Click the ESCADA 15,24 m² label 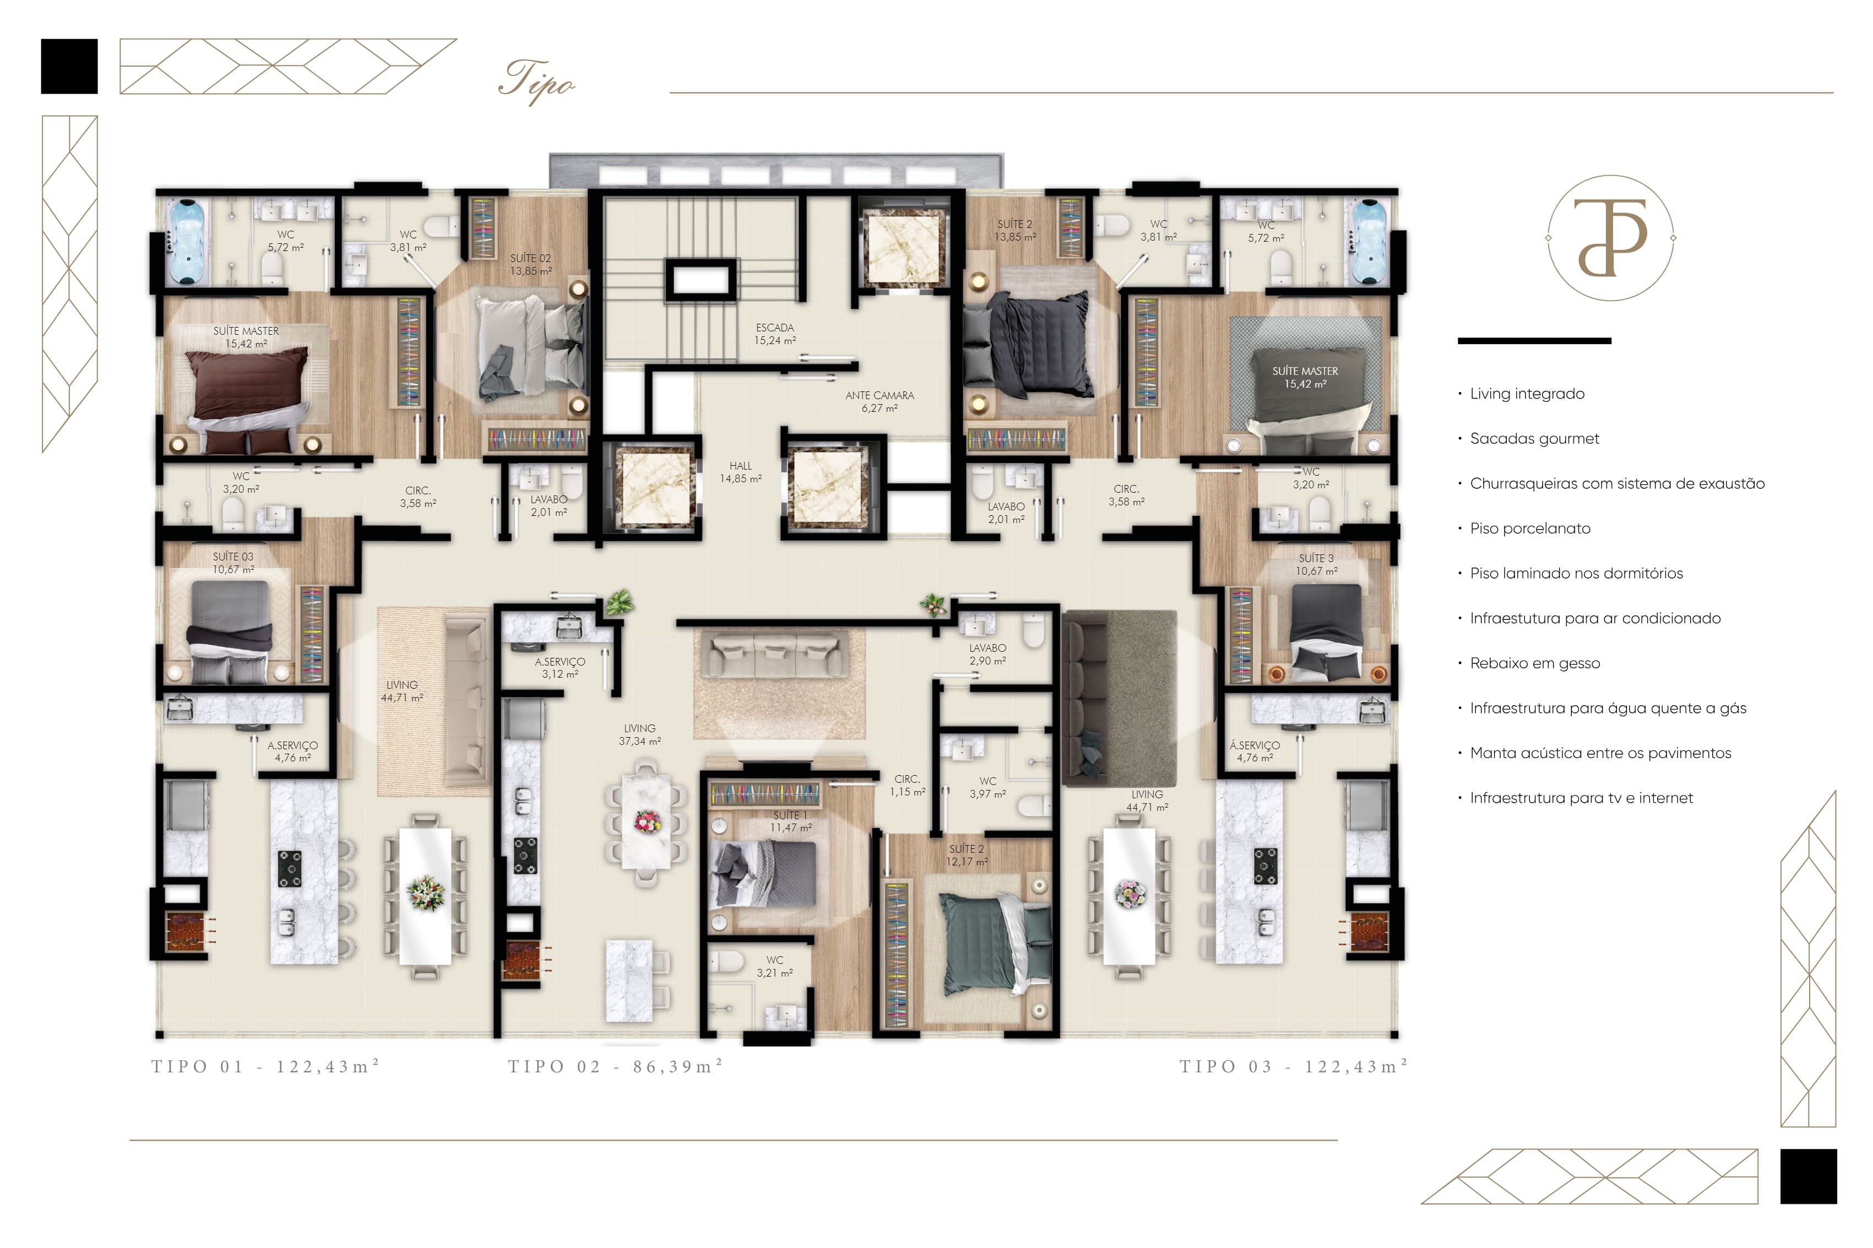click(x=774, y=334)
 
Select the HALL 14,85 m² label click(x=740, y=472)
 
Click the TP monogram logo click(x=1610, y=237)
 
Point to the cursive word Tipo click(x=536, y=81)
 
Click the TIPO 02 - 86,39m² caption click(x=615, y=1066)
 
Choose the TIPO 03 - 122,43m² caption click(x=1294, y=1066)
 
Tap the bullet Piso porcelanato click(x=1523, y=528)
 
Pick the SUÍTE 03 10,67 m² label click(x=233, y=563)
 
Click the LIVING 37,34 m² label click(x=639, y=734)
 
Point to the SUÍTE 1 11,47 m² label click(x=790, y=821)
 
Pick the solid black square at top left click(x=69, y=66)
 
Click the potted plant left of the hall click(x=618, y=602)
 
